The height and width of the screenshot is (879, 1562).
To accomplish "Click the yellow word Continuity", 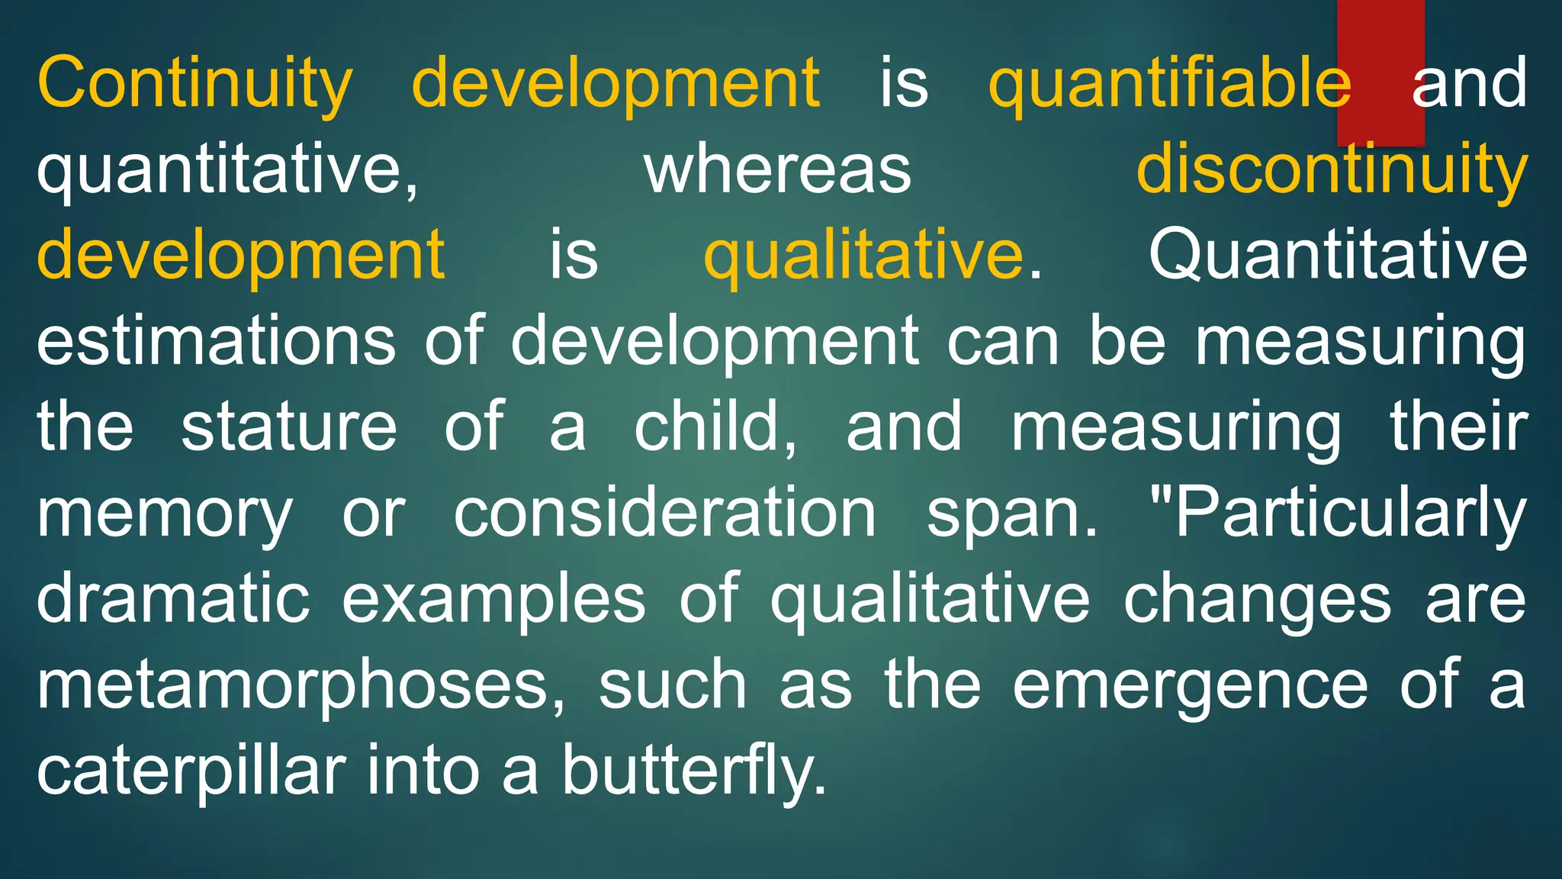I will coord(194,84).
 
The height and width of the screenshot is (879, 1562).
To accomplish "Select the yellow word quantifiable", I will coord(1168,84).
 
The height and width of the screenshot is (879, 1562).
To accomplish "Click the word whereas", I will coord(778,169).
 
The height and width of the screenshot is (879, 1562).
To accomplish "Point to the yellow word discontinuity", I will coord(1332,169).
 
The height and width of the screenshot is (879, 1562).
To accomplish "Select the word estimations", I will coord(217,341).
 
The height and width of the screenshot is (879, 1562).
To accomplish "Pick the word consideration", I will coord(665,513).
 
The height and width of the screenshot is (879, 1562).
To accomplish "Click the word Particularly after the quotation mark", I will coord(1350,513).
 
